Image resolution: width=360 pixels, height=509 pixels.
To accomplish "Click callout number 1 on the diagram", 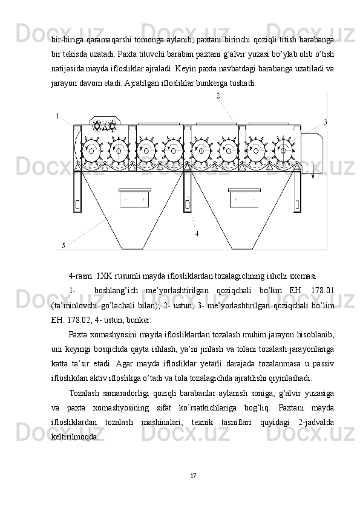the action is [57, 116].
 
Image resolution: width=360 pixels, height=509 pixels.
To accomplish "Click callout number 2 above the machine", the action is [218, 96].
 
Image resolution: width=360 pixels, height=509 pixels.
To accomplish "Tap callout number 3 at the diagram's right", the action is [326, 122].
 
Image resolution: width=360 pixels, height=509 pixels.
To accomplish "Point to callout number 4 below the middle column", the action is [197, 233].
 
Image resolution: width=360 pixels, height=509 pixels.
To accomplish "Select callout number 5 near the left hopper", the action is [64, 245].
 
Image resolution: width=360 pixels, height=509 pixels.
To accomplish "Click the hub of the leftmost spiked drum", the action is [91, 151].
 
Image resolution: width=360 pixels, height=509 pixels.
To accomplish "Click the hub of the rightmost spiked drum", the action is [284, 151].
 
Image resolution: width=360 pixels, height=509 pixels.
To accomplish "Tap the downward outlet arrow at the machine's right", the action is [313, 171].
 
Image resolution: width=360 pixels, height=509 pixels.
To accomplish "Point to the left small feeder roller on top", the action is [97, 125].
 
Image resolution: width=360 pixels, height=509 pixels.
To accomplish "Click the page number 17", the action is [193, 476].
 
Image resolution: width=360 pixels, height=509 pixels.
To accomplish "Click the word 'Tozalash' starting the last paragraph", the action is [84, 394].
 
